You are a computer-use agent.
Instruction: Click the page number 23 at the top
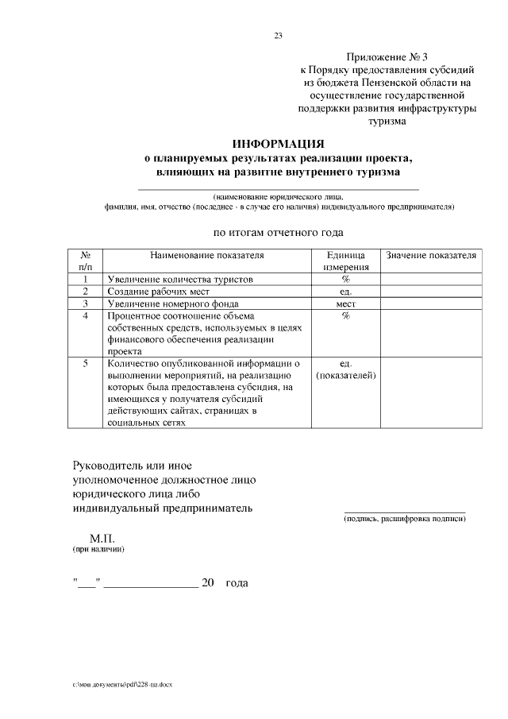(x=278, y=35)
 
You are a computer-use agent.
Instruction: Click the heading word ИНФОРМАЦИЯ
(x=278, y=144)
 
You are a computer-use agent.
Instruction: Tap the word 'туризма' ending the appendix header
(x=386, y=122)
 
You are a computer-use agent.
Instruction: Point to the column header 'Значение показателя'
(x=431, y=256)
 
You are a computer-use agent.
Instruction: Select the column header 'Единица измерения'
(x=345, y=262)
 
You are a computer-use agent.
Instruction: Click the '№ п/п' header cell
(x=85, y=262)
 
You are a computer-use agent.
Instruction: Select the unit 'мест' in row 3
(x=345, y=303)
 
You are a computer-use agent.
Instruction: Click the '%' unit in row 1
(x=345, y=280)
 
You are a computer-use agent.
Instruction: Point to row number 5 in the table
(x=85, y=363)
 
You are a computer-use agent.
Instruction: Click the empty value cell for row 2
(x=431, y=292)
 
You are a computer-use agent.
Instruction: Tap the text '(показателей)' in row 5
(x=345, y=375)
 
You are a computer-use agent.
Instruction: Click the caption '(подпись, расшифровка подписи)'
(x=404, y=519)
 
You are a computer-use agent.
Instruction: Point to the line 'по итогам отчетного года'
(x=278, y=233)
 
